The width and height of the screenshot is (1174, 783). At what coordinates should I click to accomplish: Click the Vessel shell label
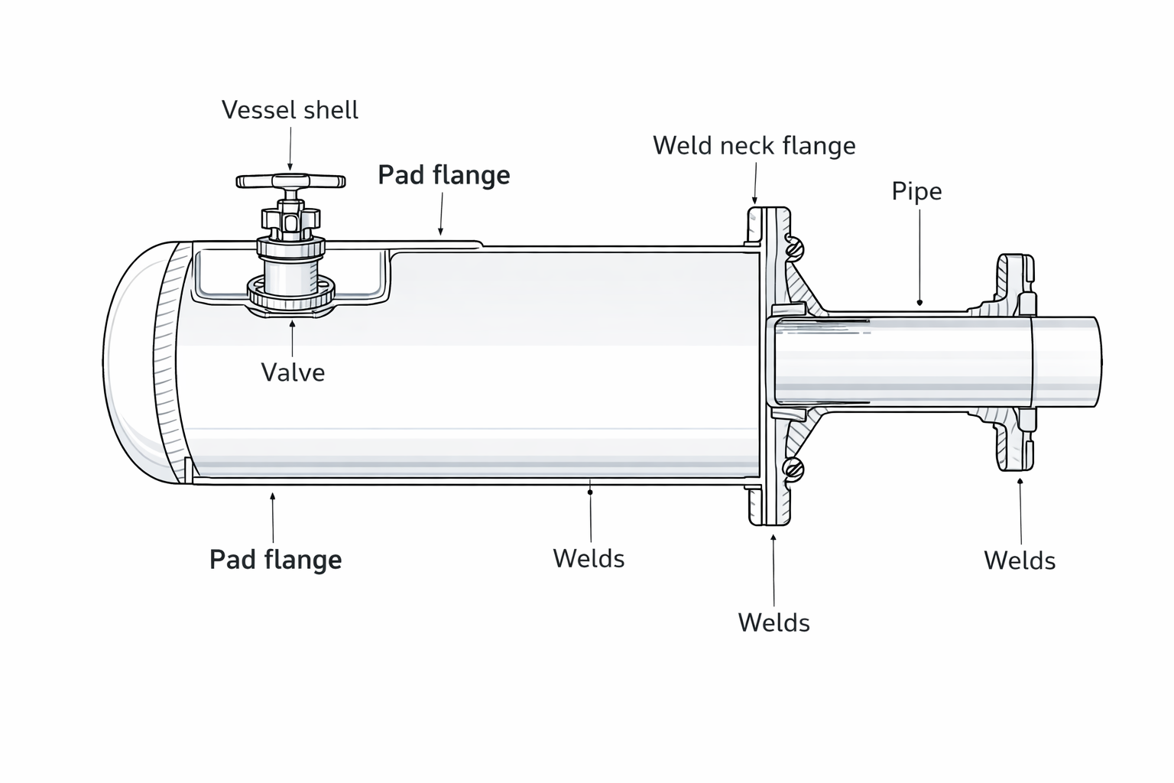click(290, 110)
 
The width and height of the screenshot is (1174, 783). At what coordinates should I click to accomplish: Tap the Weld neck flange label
click(754, 145)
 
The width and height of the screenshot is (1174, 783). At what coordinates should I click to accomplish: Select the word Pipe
click(916, 191)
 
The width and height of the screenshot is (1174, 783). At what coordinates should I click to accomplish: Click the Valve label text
click(293, 372)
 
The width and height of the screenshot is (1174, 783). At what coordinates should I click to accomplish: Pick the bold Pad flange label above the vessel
click(444, 175)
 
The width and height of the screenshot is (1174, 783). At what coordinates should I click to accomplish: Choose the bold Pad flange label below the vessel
click(275, 560)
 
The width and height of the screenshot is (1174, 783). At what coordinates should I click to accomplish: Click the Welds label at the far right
click(1019, 560)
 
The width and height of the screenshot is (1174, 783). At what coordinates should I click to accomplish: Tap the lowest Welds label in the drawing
click(773, 622)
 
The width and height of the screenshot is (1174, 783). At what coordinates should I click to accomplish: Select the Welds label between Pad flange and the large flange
click(589, 558)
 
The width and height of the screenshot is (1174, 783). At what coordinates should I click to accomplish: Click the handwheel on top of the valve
click(290, 181)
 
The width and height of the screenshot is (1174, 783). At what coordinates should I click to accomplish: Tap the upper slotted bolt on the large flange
click(794, 247)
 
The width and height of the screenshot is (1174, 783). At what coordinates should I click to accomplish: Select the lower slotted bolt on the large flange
click(794, 469)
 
